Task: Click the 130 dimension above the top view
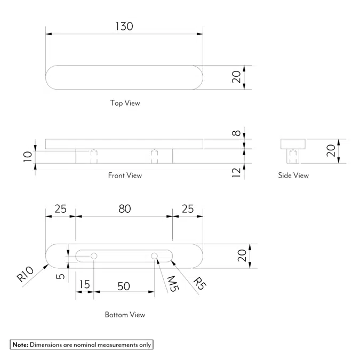[124, 26]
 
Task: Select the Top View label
[125, 103]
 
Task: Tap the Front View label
[125, 175]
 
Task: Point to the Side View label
[293, 175]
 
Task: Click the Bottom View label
[125, 315]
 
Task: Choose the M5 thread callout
[172, 284]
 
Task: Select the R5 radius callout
[199, 283]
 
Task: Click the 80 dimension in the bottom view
[124, 209]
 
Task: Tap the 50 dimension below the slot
[123, 286]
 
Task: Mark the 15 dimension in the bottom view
[84, 285]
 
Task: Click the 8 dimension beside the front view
[237, 132]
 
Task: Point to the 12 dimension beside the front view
[237, 172]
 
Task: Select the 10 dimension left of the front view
[28, 156]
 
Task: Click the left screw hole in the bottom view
[94, 257]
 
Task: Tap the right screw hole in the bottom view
[154, 257]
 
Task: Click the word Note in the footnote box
[20, 345]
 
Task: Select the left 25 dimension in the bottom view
[60, 209]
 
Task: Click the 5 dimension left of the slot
[61, 276]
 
